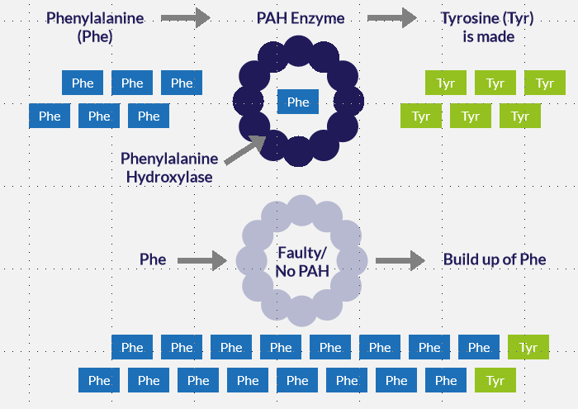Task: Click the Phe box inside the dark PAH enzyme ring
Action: pos(297,102)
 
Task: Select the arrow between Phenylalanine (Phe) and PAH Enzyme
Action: pos(185,17)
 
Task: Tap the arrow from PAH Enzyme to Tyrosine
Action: pos(391,17)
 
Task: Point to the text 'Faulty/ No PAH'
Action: pos(301,259)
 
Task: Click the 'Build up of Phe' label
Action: pos(495,259)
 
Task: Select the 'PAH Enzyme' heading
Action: pos(301,17)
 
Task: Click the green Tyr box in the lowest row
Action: pos(495,380)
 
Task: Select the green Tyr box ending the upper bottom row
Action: pos(528,347)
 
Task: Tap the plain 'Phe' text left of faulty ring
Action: pos(153,259)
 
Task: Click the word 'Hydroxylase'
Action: pos(168,176)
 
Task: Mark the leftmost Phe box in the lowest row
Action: pos(99,380)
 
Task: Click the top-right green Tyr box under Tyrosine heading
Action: pos(545,83)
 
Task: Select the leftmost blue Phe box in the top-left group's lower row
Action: pos(50,116)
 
